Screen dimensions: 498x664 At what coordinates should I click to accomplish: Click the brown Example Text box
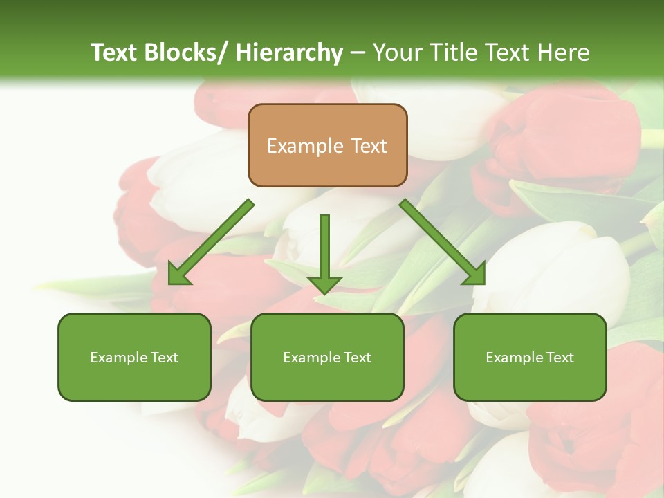(328, 145)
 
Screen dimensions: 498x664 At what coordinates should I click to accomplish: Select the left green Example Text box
(134, 357)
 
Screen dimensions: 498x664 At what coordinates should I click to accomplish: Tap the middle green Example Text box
(327, 357)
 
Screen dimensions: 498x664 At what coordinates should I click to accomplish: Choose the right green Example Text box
(530, 357)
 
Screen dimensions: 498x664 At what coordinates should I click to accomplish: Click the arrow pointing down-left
(211, 242)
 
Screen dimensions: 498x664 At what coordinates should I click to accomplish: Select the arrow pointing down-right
(443, 242)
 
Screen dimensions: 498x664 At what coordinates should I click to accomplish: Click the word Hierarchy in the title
(289, 53)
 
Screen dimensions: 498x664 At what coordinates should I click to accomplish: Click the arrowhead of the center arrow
(324, 284)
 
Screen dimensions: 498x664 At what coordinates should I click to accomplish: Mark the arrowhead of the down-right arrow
(475, 275)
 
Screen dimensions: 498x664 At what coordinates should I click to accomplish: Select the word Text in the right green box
(558, 358)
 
